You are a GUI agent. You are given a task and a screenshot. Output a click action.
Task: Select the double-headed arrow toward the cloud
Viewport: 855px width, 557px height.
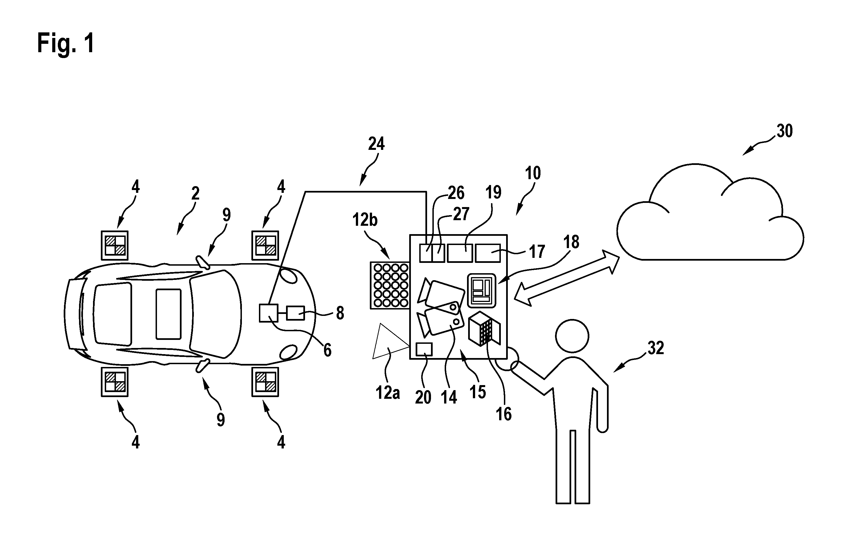(x=566, y=278)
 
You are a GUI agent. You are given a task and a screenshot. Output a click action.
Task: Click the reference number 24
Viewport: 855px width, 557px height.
(x=376, y=144)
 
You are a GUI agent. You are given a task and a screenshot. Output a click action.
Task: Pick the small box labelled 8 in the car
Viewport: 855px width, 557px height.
(x=295, y=313)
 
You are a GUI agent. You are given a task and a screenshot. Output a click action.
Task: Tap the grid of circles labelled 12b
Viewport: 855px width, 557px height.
(x=390, y=285)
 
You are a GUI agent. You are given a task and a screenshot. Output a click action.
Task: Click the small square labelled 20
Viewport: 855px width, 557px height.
(x=424, y=349)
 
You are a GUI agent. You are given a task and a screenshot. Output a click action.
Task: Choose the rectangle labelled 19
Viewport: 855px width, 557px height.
(x=460, y=253)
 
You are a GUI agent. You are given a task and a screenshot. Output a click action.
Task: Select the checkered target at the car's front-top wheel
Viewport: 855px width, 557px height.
(x=265, y=245)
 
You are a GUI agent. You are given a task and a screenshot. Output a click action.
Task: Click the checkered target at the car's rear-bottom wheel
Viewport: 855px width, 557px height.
(x=115, y=381)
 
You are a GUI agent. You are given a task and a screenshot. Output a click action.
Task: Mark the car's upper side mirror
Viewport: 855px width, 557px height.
(x=203, y=262)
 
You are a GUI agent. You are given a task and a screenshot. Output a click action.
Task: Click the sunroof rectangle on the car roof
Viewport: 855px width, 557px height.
(x=168, y=314)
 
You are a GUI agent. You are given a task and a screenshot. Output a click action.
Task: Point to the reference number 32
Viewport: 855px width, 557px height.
(x=655, y=349)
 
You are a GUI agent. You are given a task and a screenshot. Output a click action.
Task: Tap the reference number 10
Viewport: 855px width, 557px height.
(x=533, y=173)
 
